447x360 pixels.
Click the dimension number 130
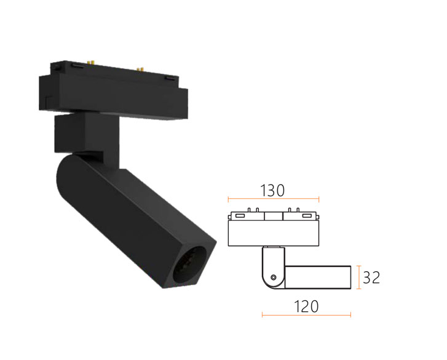click(272, 191)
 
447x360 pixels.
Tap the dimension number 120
click(306, 306)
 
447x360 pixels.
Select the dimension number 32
click(371, 278)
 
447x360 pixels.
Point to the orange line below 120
click(306, 315)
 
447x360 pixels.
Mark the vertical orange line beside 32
click(359, 277)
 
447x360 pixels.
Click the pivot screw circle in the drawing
click(274, 278)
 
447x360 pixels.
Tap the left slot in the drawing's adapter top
click(239, 215)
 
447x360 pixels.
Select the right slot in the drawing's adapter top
click(307, 215)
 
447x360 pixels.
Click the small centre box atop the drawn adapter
click(274, 216)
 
